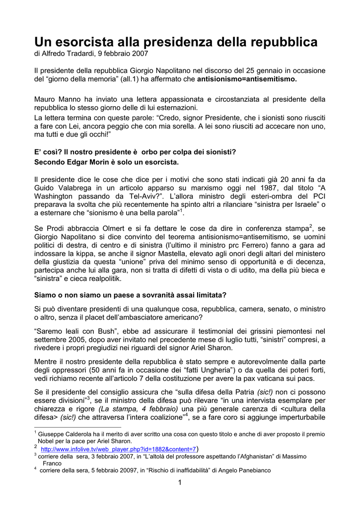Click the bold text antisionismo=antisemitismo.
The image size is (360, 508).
(247, 79)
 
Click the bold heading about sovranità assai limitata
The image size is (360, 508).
(130, 295)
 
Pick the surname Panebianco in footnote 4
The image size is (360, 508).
(251, 470)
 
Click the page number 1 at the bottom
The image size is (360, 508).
(180, 483)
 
